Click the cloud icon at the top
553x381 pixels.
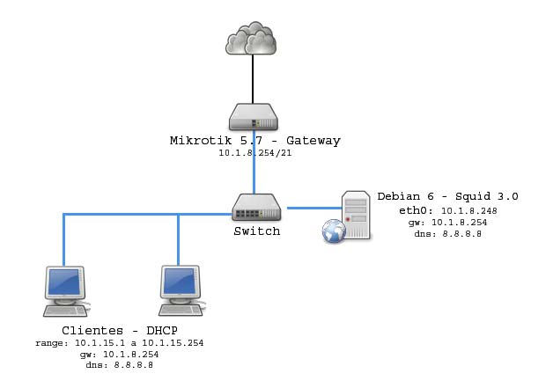point(254,39)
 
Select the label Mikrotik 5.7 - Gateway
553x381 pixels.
point(254,141)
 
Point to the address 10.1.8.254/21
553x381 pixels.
point(254,153)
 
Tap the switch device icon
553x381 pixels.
point(256,209)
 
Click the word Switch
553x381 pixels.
point(256,231)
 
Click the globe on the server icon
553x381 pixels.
point(334,231)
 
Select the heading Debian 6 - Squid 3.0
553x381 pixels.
point(447,197)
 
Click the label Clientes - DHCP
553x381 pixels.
point(120,330)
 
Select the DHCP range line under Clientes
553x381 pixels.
point(120,342)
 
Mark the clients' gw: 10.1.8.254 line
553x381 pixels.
point(120,353)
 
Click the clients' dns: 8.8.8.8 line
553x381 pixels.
point(120,364)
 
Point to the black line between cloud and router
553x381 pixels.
point(254,77)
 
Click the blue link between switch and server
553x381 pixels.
point(305,209)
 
